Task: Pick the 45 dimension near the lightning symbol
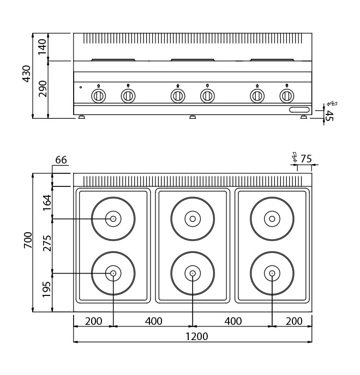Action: pyautogui.click(x=328, y=115)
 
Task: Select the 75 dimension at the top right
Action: pyautogui.click(x=306, y=159)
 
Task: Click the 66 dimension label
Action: pyautogui.click(x=61, y=160)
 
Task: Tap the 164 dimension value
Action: pyautogui.click(x=47, y=202)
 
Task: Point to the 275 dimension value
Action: pyautogui.click(x=47, y=243)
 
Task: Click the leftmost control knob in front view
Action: pyautogui.click(x=98, y=96)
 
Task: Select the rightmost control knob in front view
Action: pyautogui.click(x=286, y=96)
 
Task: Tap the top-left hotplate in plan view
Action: pyautogui.click(x=113, y=219)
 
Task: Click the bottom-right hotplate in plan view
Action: pyautogui.click(x=272, y=273)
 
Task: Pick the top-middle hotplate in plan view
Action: pyautogui.click(x=193, y=219)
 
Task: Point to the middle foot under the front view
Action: pyautogui.click(x=193, y=117)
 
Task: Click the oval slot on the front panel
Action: pyautogui.click(x=298, y=110)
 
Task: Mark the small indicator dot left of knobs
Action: pyautogui.click(x=81, y=87)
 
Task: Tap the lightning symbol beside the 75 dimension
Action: pyautogui.click(x=295, y=158)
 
